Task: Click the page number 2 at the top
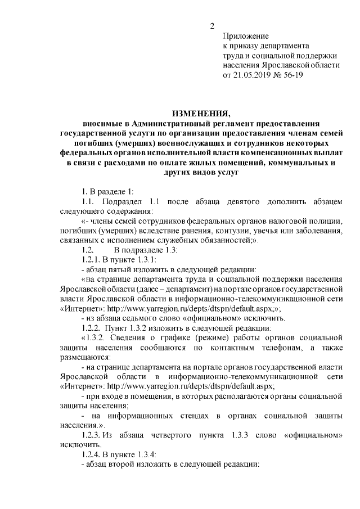213,26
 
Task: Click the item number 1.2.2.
93,327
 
